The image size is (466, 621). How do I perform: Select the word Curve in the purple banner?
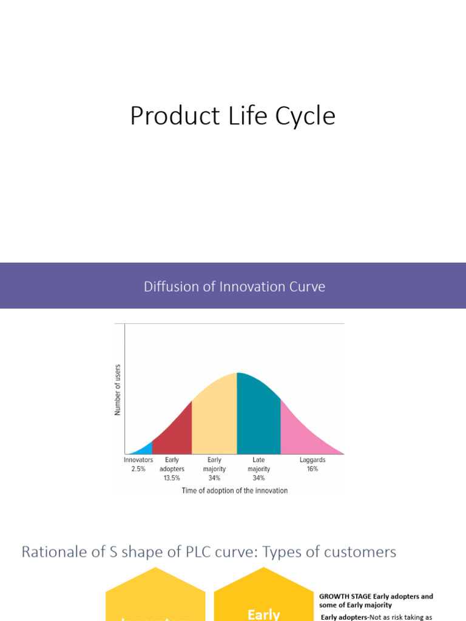coord(308,286)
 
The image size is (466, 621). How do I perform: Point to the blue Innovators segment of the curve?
coord(143,449)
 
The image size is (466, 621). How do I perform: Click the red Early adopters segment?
coord(174,433)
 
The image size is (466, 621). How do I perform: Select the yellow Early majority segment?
coord(214,418)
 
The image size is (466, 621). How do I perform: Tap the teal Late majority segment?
coord(258,418)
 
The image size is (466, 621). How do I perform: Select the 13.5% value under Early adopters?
coord(172,478)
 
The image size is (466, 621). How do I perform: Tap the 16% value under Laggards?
coord(312,469)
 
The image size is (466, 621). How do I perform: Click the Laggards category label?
coord(312,460)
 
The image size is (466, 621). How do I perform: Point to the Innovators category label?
coord(138,460)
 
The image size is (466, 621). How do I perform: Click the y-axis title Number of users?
coord(118,390)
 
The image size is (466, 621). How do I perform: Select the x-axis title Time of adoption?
coord(234,491)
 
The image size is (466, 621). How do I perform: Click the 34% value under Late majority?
coord(258,478)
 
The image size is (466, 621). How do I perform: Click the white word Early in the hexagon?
coord(263,614)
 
